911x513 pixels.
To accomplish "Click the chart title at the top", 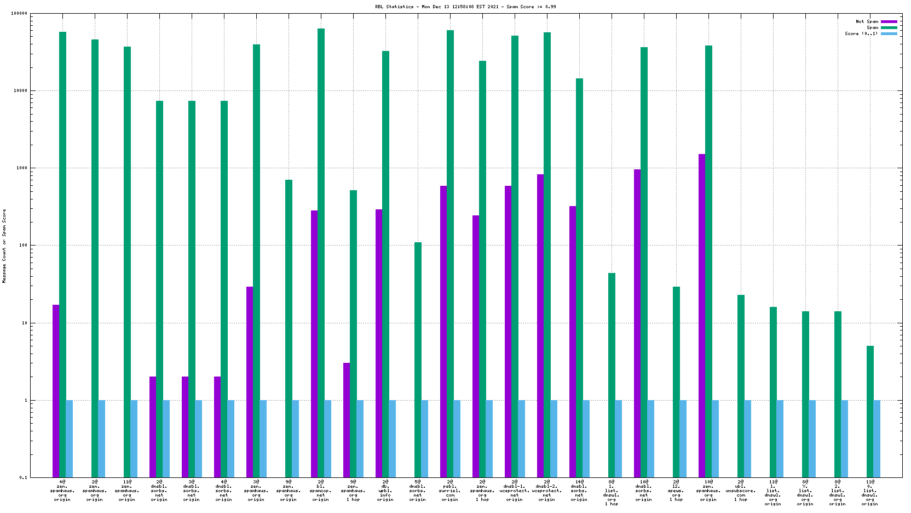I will point(465,7).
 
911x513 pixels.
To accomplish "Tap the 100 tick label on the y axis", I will point(22,246).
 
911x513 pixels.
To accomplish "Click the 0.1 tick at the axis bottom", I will point(23,477).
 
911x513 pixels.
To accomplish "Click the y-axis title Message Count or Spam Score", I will point(4,246).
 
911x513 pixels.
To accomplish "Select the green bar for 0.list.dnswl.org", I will point(870,411).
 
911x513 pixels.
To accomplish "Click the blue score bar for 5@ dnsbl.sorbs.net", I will point(425,438).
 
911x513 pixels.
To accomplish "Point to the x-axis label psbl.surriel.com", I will point(450,491).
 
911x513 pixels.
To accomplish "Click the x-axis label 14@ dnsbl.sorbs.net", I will point(579,491).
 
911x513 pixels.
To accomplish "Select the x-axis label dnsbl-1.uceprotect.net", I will point(515,491).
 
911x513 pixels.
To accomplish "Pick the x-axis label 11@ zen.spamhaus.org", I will point(127,491).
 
